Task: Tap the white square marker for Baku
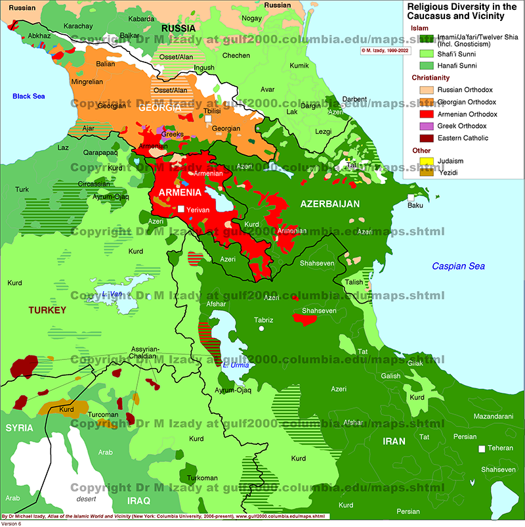pos(410,197)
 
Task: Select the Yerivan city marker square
pos(180,209)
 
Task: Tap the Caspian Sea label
pos(458,266)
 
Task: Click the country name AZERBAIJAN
pos(330,204)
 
